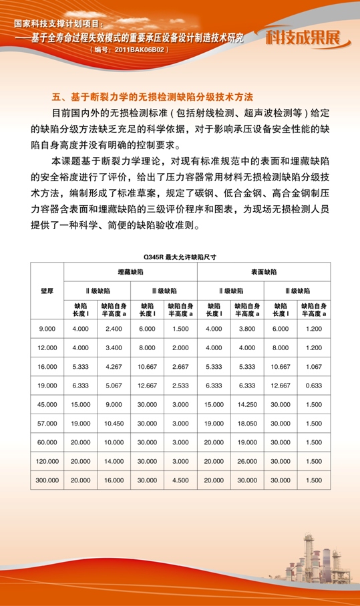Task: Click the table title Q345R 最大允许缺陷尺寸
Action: (x=180, y=256)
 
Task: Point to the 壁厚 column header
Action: (x=47, y=291)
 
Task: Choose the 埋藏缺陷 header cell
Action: (x=130, y=273)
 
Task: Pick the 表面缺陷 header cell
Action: (x=264, y=273)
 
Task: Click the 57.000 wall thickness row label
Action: (x=47, y=424)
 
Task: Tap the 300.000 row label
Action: (x=47, y=480)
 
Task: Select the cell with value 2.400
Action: (x=114, y=329)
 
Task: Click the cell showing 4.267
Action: (x=114, y=367)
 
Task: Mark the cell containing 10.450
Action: (x=114, y=424)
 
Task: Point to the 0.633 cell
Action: (x=313, y=386)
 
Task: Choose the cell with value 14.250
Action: (x=247, y=404)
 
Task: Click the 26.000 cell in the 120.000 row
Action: (x=247, y=461)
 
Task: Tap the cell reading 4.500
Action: (x=180, y=480)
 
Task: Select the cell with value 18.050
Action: (x=247, y=424)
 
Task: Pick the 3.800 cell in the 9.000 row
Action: (x=247, y=329)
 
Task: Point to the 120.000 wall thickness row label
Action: (x=47, y=461)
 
